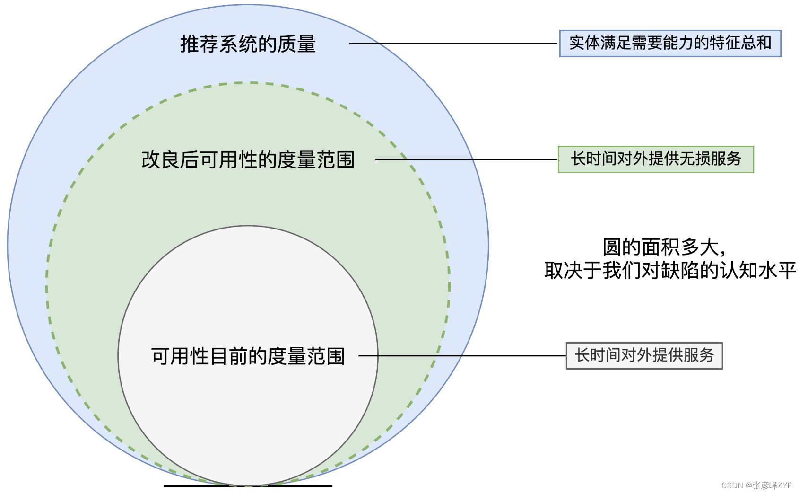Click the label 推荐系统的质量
pyautogui.click(x=248, y=44)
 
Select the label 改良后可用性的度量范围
pyautogui.click(x=248, y=160)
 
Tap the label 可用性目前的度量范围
pyautogui.click(x=248, y=356)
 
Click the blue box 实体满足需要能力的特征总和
pyautogui.click(x=670, y=44)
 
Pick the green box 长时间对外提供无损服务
pyautogui.click(x=656, y=159)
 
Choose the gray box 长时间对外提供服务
pyautogui.click(x=644, y=355)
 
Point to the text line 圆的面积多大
pyautogui.click(x=664, y=247)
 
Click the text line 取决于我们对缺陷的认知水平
pyautogui.click(x=670, y=271)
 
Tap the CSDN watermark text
pyautogui.click(x=756, y=485)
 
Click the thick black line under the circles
pyautogui.click(x=248, y=485)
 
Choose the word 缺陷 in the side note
pyautogui.click(x=680, y=271)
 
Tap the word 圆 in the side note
pyautogui.click(x=612, y=247)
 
